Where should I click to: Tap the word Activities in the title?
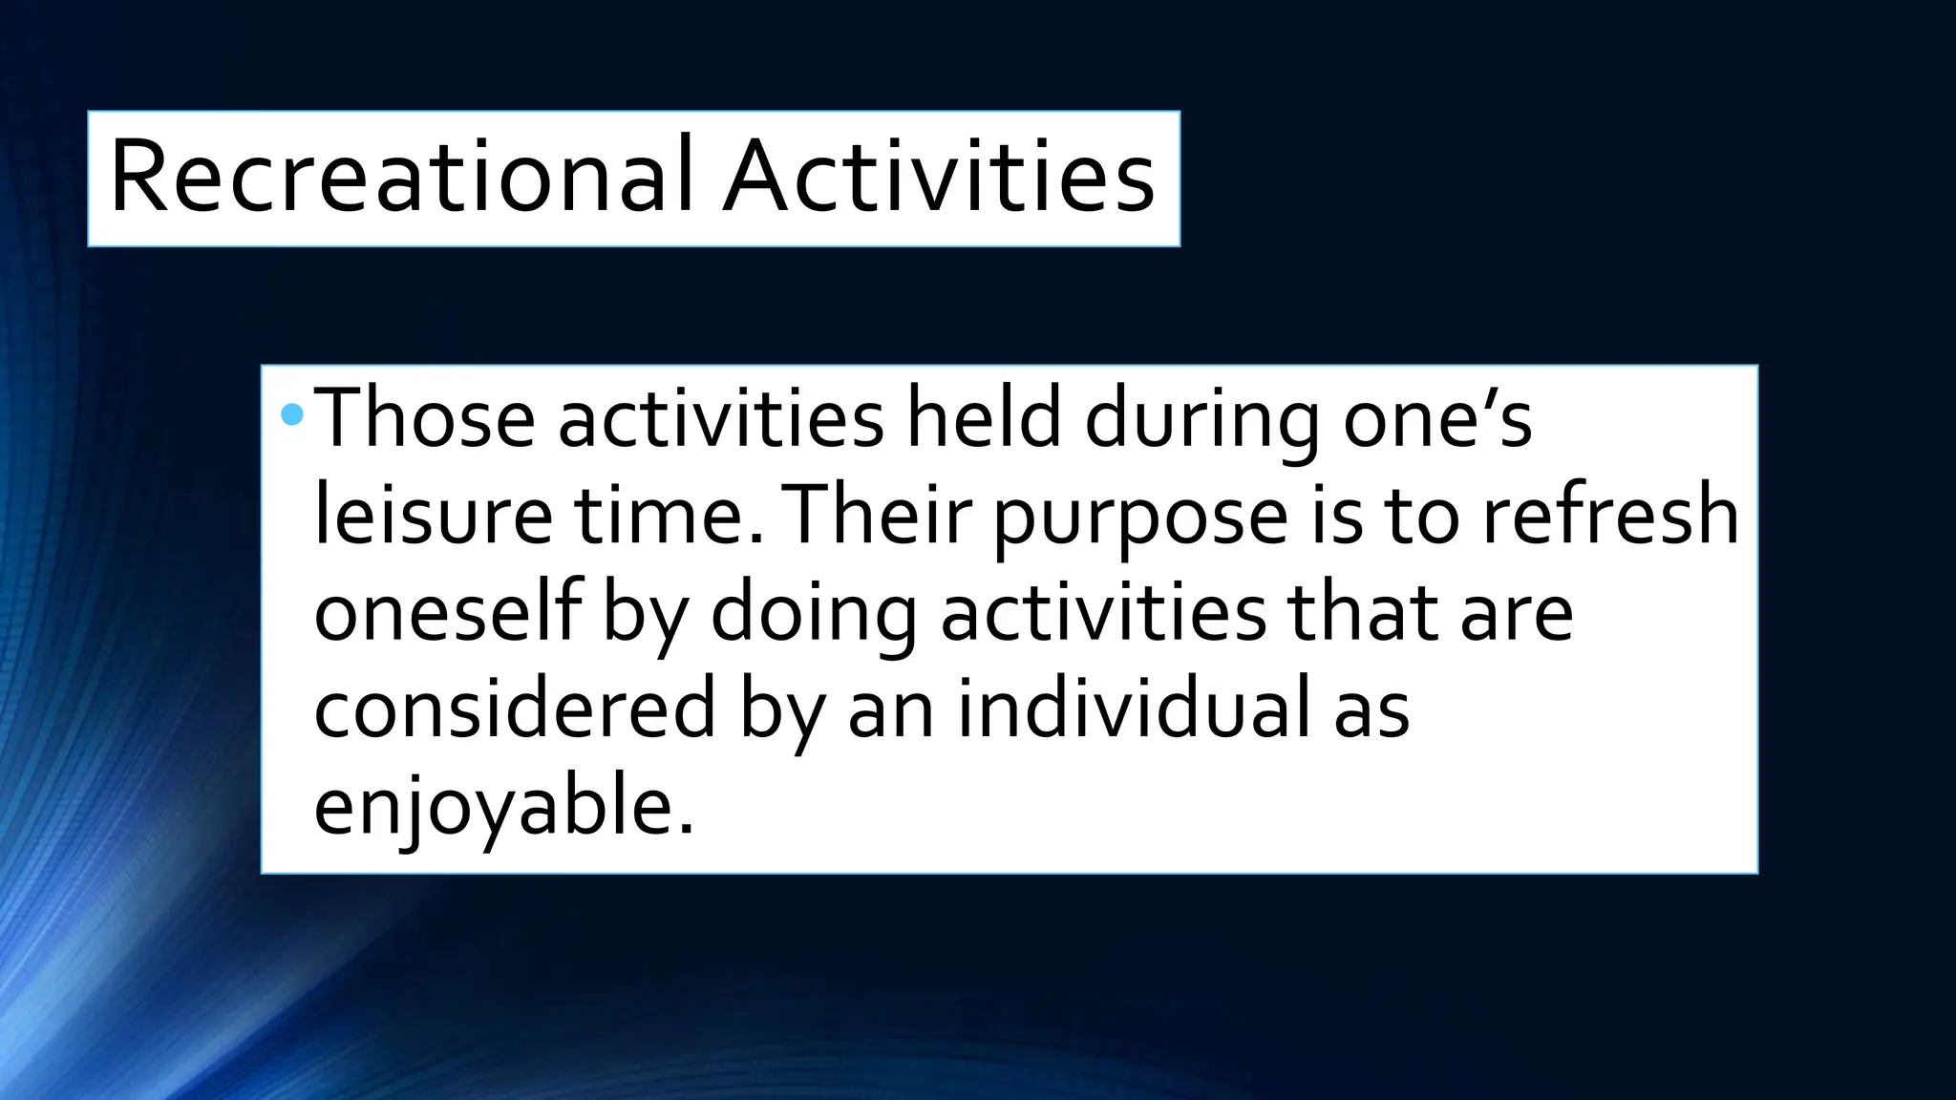click(x=939, y=178)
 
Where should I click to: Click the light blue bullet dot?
click(x=293, y=414)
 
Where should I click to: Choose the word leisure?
click(x=433, y=516)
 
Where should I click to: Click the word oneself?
click(x=447, y=613)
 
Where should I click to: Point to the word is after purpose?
click(x=1336, y=516)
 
